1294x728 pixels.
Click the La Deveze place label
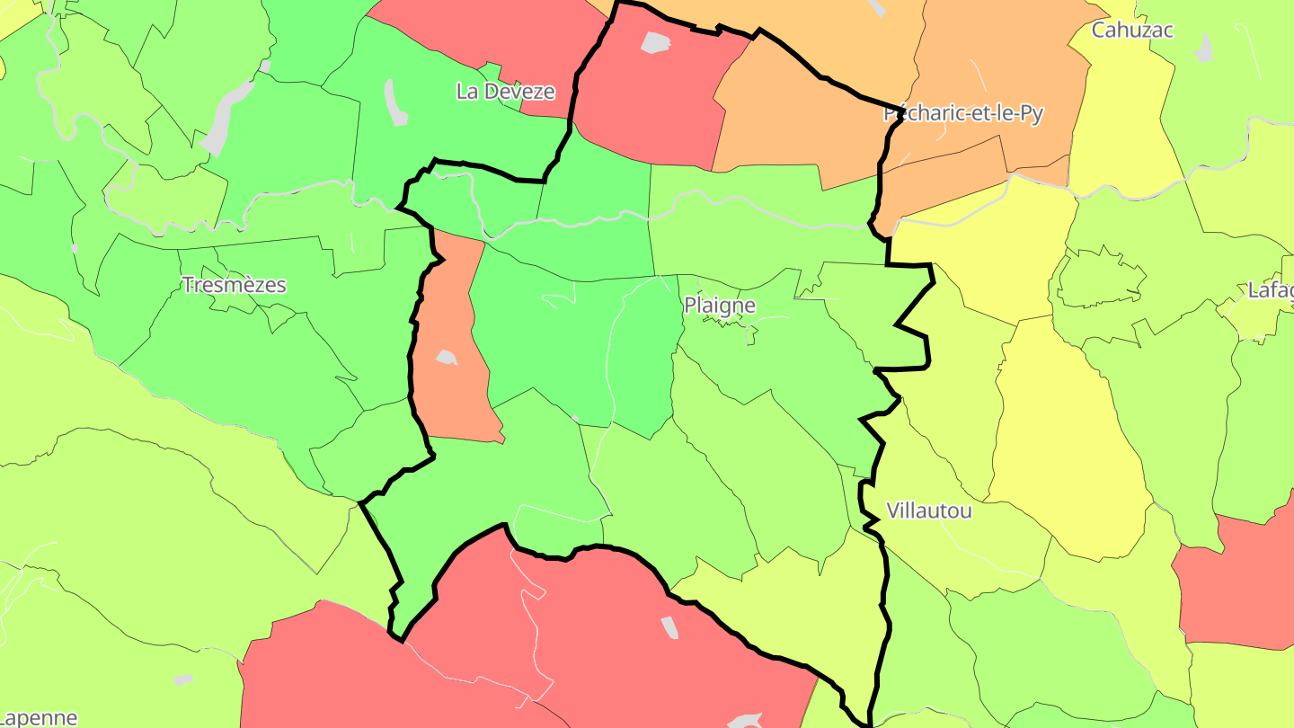coord(505,92)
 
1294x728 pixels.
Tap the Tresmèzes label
coord(234,286)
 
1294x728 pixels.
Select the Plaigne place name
coord(719,306)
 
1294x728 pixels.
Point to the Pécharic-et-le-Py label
coord(962,114)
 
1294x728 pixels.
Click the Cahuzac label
coord(1132,30)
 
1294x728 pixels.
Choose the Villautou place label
coord(928,511)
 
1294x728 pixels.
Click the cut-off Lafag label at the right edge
coord(1270,290)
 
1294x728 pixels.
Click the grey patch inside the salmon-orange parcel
coord(447,358)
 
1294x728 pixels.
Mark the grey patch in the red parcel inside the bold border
coord(655,42)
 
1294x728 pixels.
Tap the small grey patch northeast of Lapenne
coord(183,679)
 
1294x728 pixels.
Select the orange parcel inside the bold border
coord(791,117)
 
